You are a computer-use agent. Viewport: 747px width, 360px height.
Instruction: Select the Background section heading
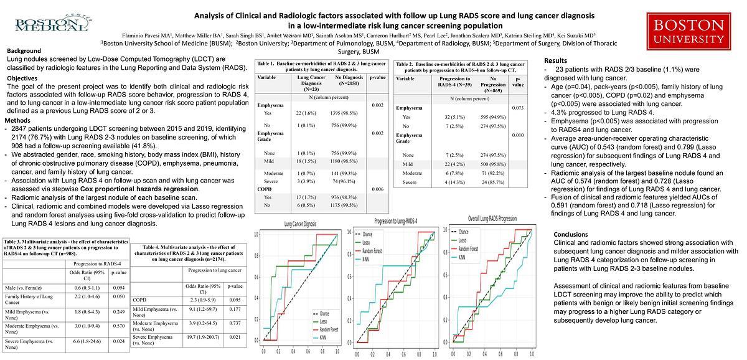24,51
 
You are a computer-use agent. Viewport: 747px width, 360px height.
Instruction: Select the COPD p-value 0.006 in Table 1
377,189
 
